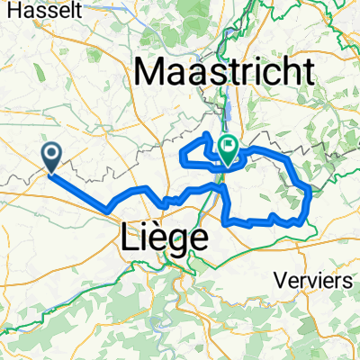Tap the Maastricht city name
[x=225, y=70]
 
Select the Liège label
[x=164, y=238]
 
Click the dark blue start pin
[x=51, y=157]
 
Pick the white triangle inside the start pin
[x=51, y=155]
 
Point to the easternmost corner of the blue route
[x=310, y=191]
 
